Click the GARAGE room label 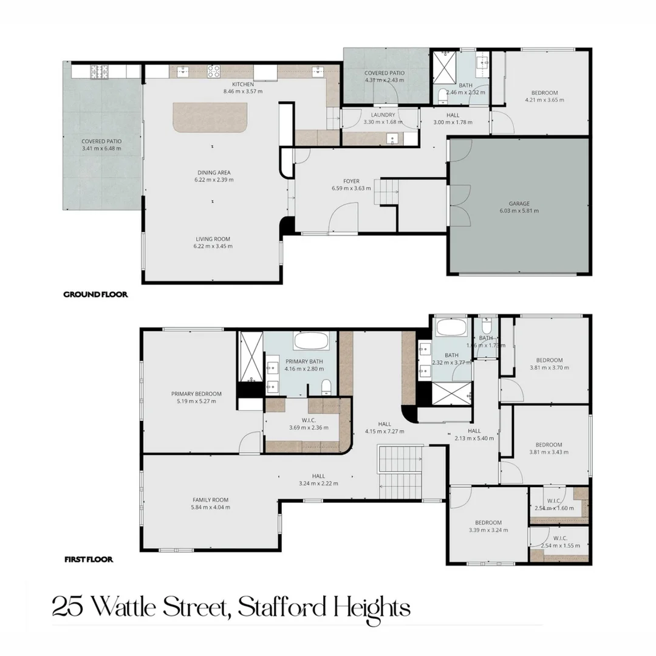pyautogui.click(x=519, y=203)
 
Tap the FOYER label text pyautogui.click(x=351, y=181)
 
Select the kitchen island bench pyautogui.click(x=211, y=117)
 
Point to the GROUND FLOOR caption pyautogui.click(x=95, y=295)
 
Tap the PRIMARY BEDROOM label pyautogui.click(x=196, y=394)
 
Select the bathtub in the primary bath pyautogui.click(x=314, y=340)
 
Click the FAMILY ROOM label pyautogui.click(x=211, y=500)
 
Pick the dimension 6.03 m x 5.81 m pyautogui.click(x=519, y=211)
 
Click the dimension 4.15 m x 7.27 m pyautogui.click(x=384, y=431)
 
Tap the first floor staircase pyautogui.click(x=400, y=471)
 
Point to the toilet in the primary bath pyautogui.click(x=327, y=387)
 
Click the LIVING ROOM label pyautogui.click(x=213, y=239)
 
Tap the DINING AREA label pyautogui.click(x=213, y=172)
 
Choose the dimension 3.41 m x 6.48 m pyautogui.click(x=101, y=148)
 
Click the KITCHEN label pyautogui.click(x=242, y=84)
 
